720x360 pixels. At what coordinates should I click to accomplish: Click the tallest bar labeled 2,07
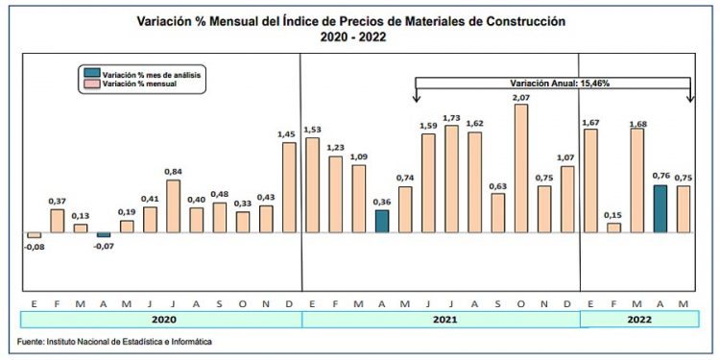521,168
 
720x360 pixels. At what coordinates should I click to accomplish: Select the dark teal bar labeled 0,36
381,221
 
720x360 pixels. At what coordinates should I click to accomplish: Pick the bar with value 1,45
289,187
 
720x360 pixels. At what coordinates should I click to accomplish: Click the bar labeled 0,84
174,205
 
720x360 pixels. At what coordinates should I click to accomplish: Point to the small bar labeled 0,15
613,228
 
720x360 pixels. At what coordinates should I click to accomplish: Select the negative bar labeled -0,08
35,235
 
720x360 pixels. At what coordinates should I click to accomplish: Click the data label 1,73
452,117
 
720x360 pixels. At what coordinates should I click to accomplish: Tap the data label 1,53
312,129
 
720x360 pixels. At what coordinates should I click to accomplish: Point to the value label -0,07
103,246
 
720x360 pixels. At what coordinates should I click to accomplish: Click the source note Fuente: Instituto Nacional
115,342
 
